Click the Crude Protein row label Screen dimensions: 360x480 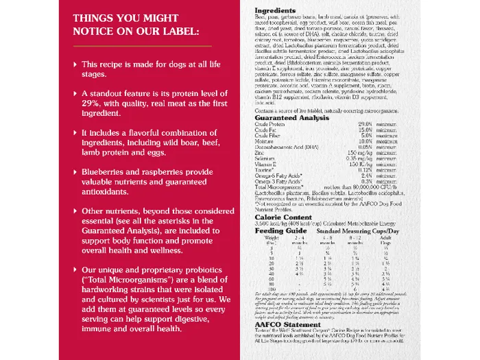pyautogui.click(x=271, y=123)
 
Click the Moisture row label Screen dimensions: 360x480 pyautogui.click(x=265, y=141)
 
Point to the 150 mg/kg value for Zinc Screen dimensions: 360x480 pyautogui.click(x=359, y=152)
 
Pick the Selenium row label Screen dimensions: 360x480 pyautogui.click(x=266, y=158)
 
